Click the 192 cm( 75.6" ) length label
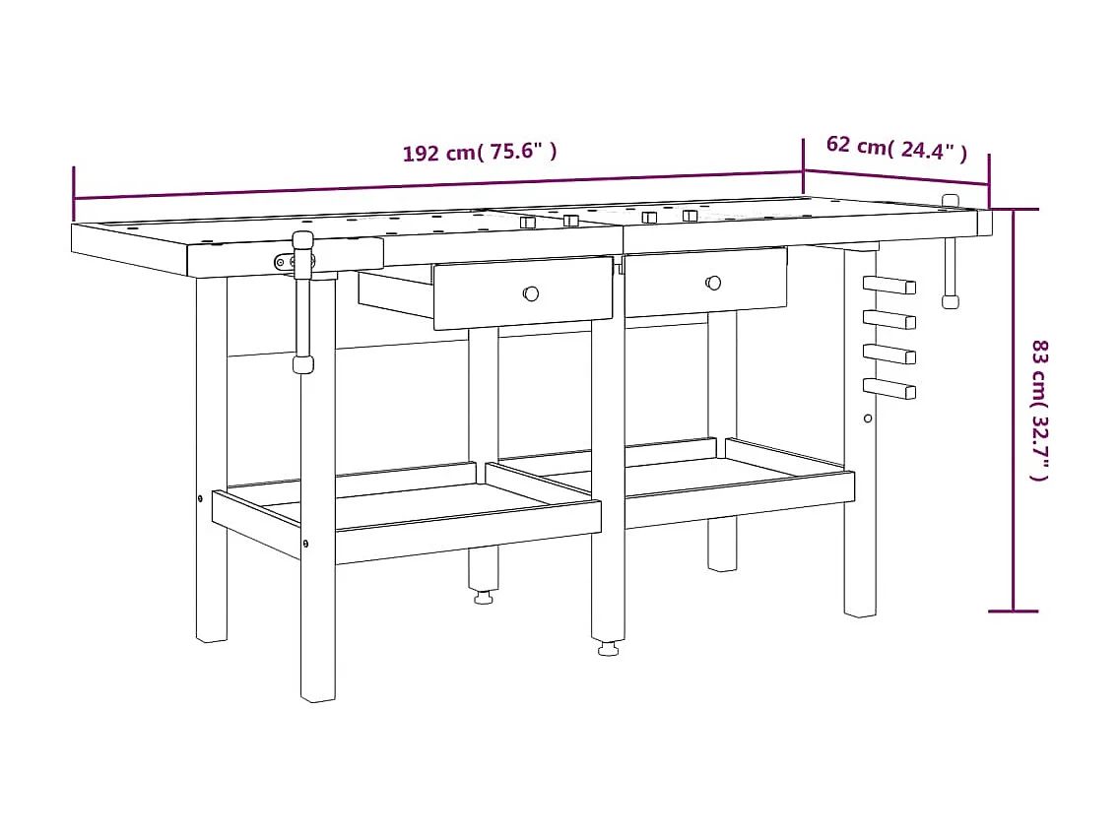tap(480, 153)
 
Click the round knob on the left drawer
tap(531, 293)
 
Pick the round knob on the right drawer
tap(713, 283)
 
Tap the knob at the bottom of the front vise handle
tap(302, 364)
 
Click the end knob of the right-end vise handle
tap(950, 301)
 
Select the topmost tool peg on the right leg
tap(889, 286)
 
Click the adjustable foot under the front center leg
tap(608, 649)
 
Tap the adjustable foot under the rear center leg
tap(483, 598)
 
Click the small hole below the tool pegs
tap(868, 419)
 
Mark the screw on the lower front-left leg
tap(305, 543)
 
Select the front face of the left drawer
tap(523, 293)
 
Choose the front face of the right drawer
tap(705, 283)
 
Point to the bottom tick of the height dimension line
tap(1013, 611)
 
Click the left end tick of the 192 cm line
tap(74, 195)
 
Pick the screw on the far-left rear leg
tap(200, 498)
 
